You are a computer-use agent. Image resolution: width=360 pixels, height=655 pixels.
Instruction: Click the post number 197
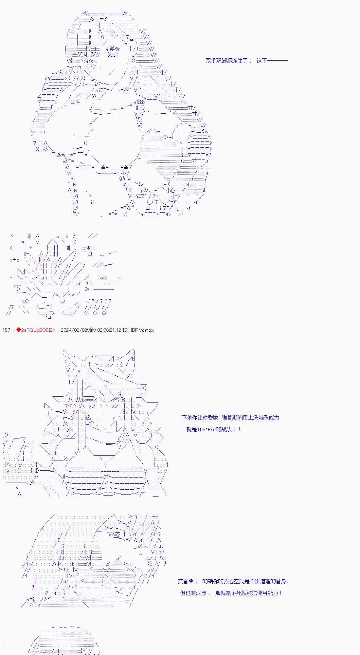pyautogui.click(x=6, y=330)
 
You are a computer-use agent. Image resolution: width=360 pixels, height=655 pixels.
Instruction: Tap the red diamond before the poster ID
pyautogui.click(x=18, y=330)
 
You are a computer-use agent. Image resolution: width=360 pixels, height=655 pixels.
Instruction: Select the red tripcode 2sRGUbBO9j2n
pyautogui.click(x=38, y=330)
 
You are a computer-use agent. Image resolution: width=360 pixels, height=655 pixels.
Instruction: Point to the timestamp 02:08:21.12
pyautogui.click(x=109, y=330)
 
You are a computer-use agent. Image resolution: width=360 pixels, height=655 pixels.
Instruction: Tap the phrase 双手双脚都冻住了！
pyautogui.click(x=229, y=61)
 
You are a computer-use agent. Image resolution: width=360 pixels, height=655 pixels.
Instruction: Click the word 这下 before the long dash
pyautogui.click(x=262, y=61)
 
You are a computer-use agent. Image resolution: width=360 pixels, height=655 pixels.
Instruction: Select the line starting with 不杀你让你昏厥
pyautogui.click(x=230, y=418)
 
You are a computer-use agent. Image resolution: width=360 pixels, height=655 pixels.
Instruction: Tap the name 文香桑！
pyautogui.click(x=188, y=581)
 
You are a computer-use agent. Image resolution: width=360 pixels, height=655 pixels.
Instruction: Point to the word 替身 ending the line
pyautogui.click(x=280, y=581)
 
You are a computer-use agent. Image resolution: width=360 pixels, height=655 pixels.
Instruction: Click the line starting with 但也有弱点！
pyautogui.click(x=231, y=593)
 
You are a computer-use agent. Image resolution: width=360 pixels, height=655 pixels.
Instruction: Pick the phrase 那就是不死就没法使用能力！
pyautogui.click(x=249, y=593)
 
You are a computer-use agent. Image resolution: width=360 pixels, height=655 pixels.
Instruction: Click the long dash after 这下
pyautogui.click(x=278, y=61)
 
